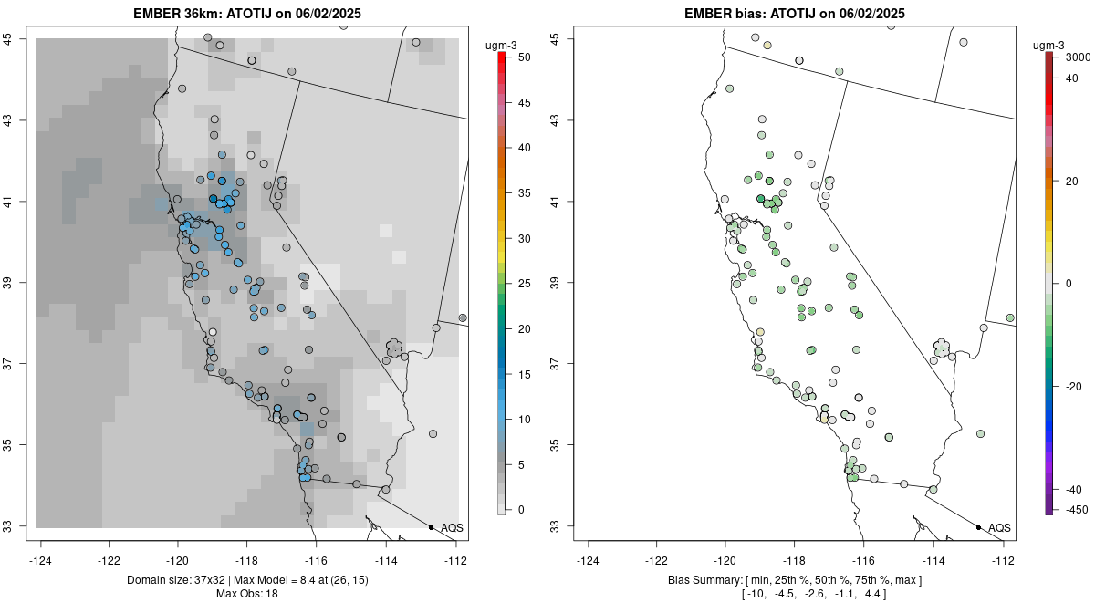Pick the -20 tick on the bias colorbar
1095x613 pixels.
click(x=1073, y=386)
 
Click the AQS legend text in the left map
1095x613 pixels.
click(x=452, y=528)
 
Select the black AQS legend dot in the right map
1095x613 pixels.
click(x=978, y=527)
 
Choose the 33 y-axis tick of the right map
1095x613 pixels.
click(x=554, y=525)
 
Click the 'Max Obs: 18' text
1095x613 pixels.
click(x=246, y=594)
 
